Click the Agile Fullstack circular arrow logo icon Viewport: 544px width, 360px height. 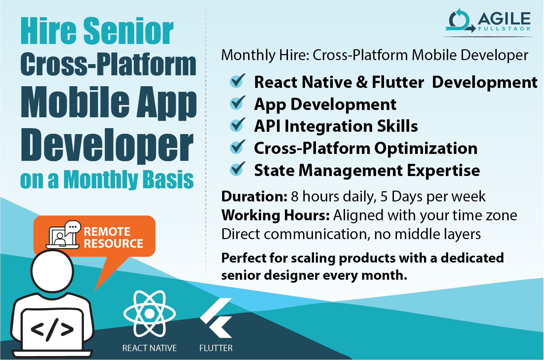pos(460,21)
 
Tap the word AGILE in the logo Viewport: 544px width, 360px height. pos(504,19)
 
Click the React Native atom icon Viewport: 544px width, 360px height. pos(149,313)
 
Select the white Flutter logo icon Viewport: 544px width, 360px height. pos(216,318)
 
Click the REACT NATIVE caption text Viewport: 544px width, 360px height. pos(149,348)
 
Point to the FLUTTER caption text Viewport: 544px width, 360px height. pos(216,348)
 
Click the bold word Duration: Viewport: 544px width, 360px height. pos(254,197)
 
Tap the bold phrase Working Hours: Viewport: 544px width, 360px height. pos(276,215)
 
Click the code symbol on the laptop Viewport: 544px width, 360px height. pos(52,329)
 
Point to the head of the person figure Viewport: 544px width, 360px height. pos(52,271)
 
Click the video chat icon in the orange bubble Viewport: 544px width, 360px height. pos(63,234)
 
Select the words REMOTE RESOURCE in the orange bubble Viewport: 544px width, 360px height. pos(113,238)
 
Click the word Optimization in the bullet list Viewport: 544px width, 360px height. pos(426,148)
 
